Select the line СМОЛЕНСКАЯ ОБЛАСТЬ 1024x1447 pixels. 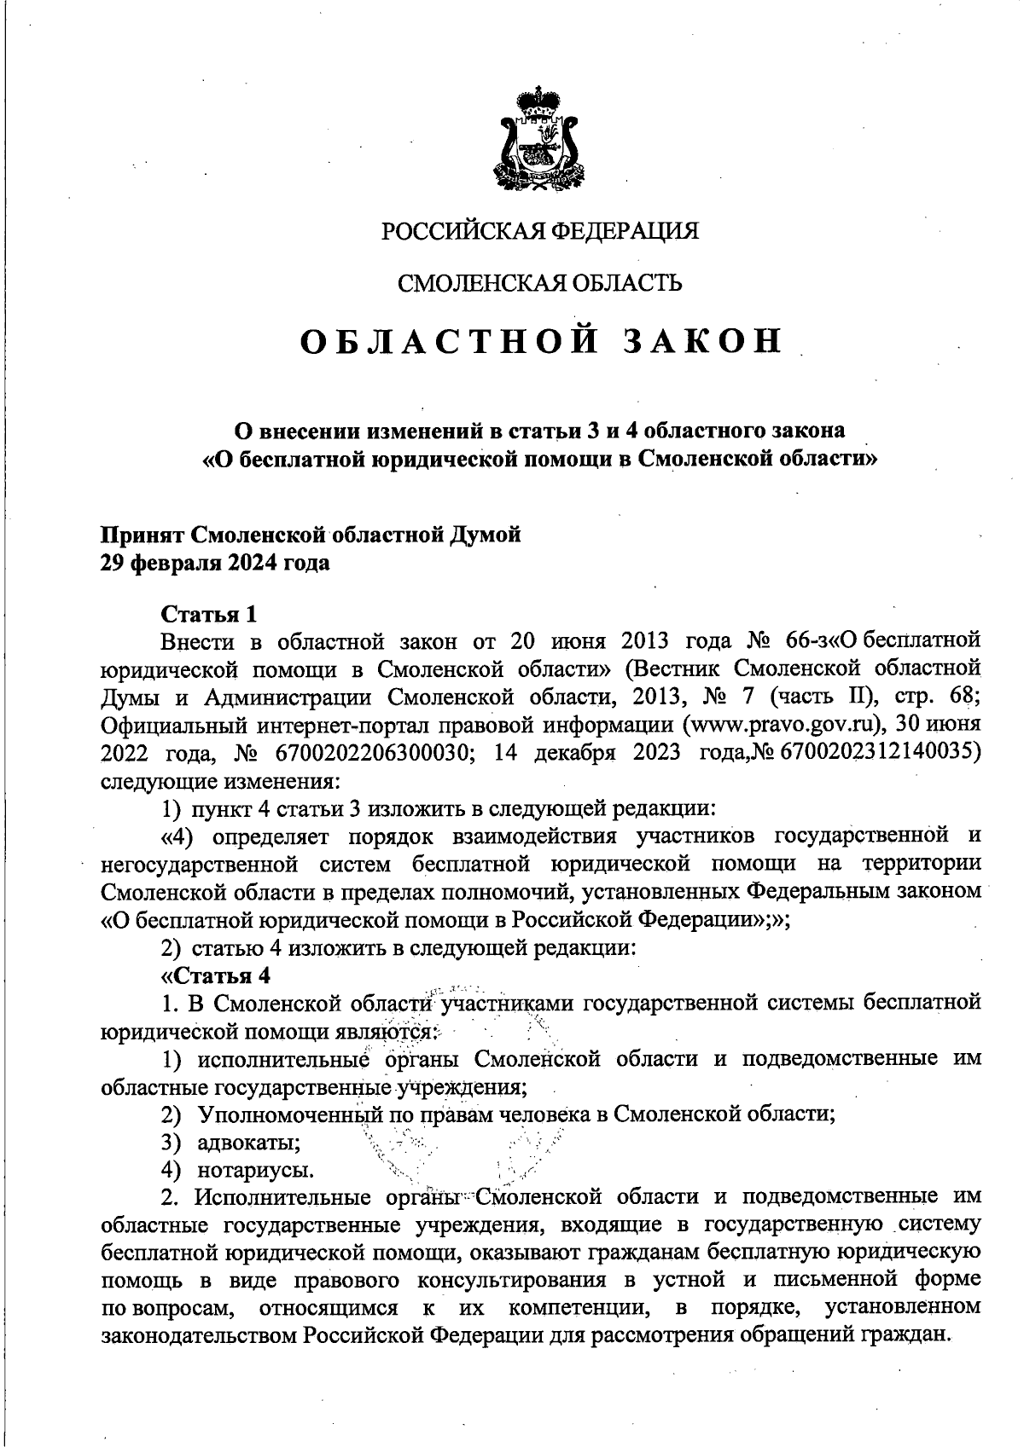click(540, 283)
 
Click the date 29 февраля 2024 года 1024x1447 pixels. click(215, 564)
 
